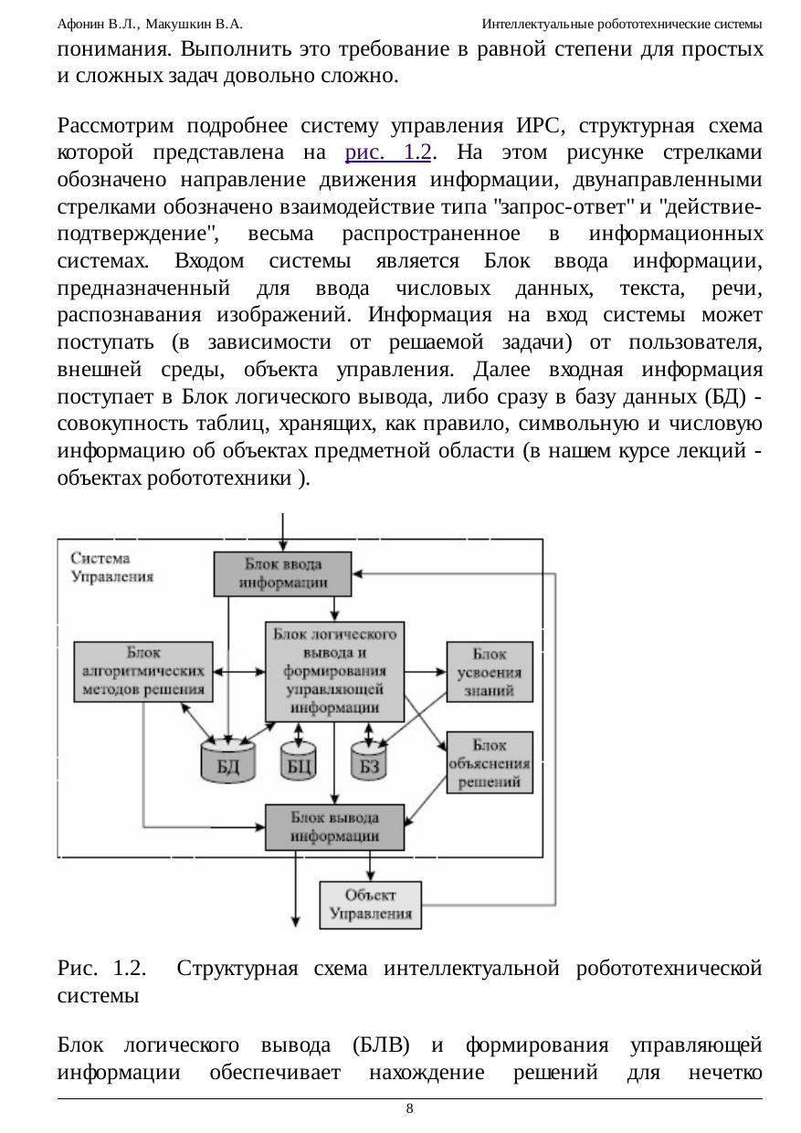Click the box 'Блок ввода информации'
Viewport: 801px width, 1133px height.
[x=283, y=573]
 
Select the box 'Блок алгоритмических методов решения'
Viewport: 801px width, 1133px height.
[x=145, y=671]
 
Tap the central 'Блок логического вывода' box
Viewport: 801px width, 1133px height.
[x=335, y=671]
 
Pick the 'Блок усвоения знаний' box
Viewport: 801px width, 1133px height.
[x=490, y=672]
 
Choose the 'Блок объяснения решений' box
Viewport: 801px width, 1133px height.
[x=490, y=762]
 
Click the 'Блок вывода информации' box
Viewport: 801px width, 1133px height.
[x=334, y=827]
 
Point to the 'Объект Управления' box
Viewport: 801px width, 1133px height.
[x=370, y=905]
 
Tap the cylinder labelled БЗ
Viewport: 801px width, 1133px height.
[x=369, y=761]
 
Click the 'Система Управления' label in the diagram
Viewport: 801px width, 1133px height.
[x=111, y=567]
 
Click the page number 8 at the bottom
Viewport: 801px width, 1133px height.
[x=410, y=1108]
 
